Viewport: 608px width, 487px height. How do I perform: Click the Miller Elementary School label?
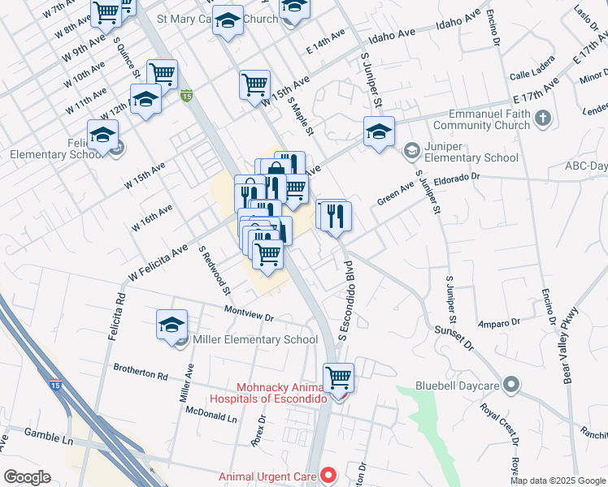[x=254, y=340]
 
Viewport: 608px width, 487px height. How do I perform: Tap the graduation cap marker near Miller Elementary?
[x=172, y=326]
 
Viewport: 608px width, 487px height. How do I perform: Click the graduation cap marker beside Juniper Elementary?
[x=379, y=133]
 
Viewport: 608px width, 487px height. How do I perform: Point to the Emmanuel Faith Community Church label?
[x=481, y=119]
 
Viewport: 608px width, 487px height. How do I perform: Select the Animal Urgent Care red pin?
[x=328, y=474]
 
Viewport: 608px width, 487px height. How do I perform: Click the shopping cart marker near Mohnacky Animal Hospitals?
[x=338, y=378]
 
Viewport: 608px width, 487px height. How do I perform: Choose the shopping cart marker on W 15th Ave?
[x=254, y=84]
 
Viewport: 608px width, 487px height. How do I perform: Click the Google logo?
[x=27, y=477]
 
